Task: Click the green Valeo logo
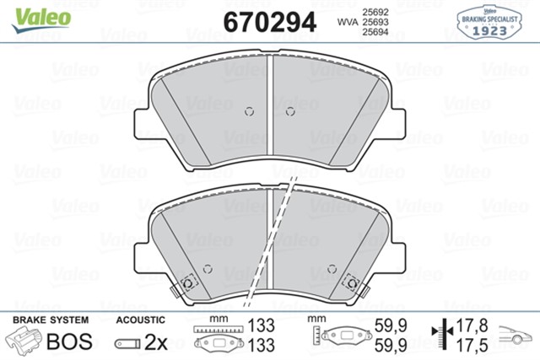point(41,20)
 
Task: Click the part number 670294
point(270,22)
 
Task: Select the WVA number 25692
point(375,12)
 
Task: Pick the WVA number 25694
point(375,32)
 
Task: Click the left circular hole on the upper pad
point(250,111)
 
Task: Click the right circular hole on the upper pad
point(290,111)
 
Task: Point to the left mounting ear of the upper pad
point(142,124)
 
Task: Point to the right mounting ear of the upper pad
point(397,124)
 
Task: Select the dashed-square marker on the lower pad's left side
point(188,283)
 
